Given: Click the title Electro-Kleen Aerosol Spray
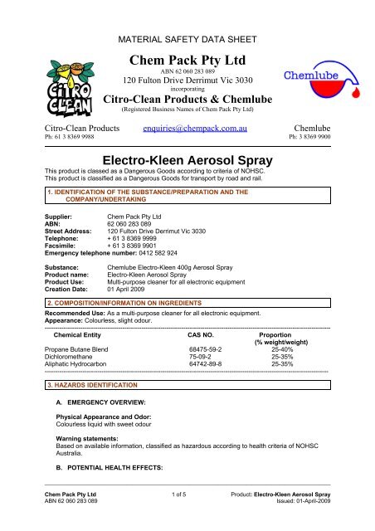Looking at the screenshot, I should tap(187, 158).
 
